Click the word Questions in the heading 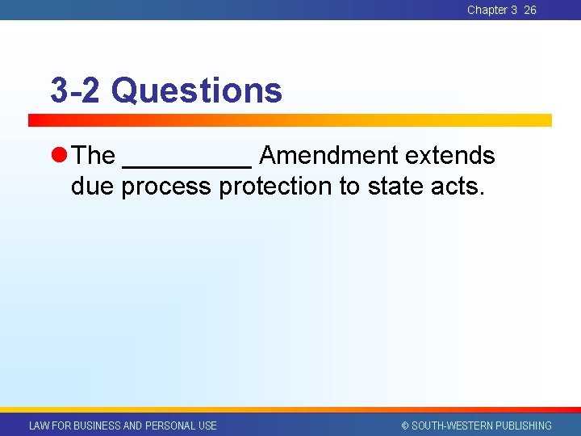(x=197, y=90)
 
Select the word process (x=167, y=187)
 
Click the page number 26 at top (x=530, y=10)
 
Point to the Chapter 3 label (x=491, y=10)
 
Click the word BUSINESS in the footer (x=96, y=426)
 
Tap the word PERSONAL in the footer (x=169, y=426)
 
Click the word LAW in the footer (x=39, y=426)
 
